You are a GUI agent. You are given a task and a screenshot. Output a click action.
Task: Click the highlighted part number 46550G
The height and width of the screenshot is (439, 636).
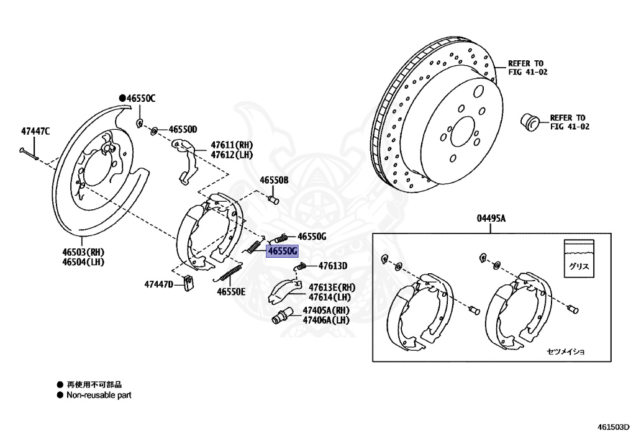pos(283,251)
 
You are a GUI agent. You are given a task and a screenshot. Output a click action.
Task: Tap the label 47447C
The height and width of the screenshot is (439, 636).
pos(35,131)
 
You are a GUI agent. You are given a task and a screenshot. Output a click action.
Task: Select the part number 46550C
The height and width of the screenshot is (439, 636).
pos(141,98)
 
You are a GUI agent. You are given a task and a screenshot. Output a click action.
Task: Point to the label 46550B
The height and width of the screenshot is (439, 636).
pos(274,180)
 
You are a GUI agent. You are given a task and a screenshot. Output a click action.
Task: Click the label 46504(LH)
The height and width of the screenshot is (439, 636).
pos(82,262)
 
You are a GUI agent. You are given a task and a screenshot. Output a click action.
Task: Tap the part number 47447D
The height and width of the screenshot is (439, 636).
pos(158,284)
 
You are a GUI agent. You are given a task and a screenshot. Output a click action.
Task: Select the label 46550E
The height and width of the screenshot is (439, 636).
pos(231,291)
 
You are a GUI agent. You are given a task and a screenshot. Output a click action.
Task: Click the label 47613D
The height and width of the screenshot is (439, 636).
pos(333,266)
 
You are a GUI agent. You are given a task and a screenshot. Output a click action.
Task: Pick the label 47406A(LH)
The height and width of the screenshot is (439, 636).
pos(326,320)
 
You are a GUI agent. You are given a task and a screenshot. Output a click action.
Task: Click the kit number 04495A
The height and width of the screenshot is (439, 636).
pos(491,218)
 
